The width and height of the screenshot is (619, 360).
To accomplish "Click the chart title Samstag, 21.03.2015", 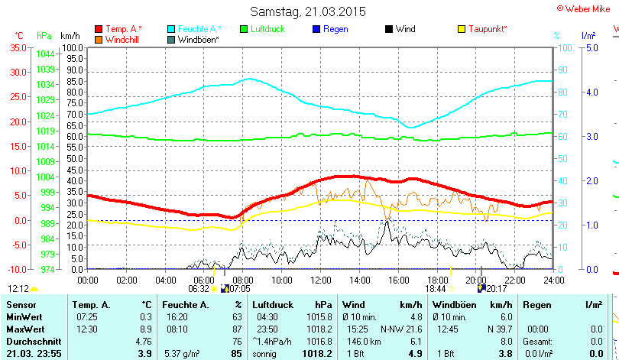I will coord(308,11).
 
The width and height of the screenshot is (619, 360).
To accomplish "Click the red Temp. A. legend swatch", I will coord(99,29).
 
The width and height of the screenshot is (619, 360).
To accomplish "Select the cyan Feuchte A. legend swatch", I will coord(171,29).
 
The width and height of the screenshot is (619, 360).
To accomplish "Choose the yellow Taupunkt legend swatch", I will coord(462,29).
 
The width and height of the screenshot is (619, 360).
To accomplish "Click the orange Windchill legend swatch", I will coord(99,39).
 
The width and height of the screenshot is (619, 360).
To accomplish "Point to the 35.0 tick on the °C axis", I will coord(18,47).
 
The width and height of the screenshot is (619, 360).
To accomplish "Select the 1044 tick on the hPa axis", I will coord(45,54).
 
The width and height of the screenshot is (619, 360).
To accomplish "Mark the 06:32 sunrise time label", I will coord(198,289).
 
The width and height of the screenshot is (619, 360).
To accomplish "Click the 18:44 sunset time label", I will coord(436,289).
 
